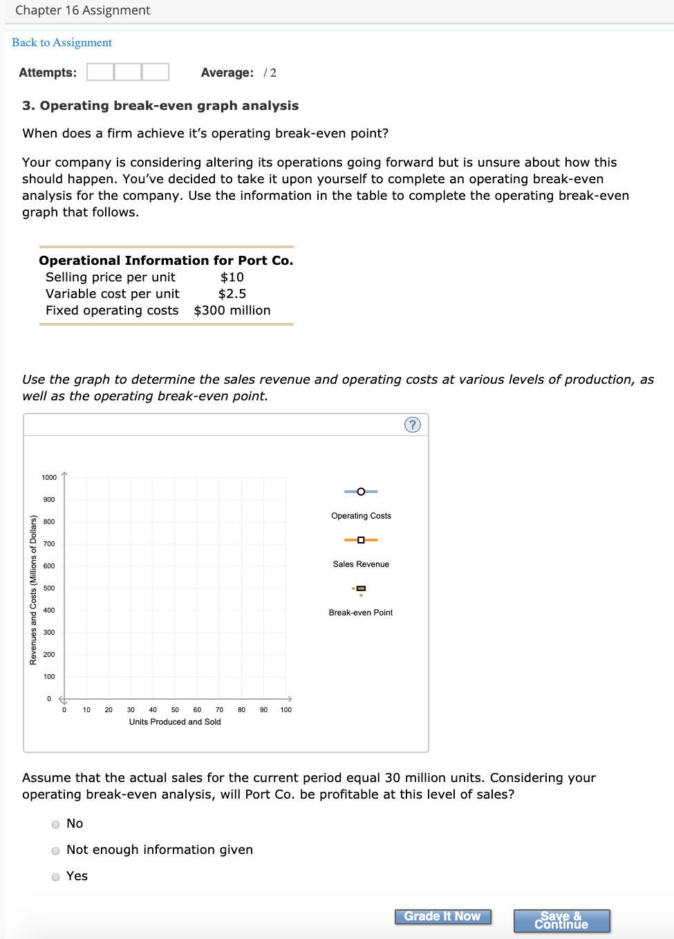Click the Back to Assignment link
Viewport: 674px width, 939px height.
(62, 43)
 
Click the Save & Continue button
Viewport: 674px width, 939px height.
(561, 920)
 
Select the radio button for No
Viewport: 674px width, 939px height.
(55, 824)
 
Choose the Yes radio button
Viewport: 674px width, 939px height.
(55, 877)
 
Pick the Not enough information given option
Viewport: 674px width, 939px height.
(55, 850)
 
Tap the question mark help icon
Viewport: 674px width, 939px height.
(412, 425)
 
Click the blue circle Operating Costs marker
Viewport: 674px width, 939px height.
(361, 492)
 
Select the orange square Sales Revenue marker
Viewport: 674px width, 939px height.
(361, 540)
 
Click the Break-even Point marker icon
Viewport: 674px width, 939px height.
(361, 589)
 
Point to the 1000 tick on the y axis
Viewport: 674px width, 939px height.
(49, 478)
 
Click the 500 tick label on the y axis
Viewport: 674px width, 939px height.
(49, 588)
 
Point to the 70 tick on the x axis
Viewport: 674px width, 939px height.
(219, 710)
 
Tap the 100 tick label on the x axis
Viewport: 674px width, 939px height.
(285, 710)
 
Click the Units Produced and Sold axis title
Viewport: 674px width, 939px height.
(175, 722)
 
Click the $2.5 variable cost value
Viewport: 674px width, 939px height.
(232, 294)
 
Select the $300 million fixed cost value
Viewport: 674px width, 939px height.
(232, 310)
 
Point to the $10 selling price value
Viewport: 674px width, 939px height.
(232, 277)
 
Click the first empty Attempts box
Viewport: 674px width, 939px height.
(100, 72)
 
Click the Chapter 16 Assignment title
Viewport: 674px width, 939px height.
(82, 10)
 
